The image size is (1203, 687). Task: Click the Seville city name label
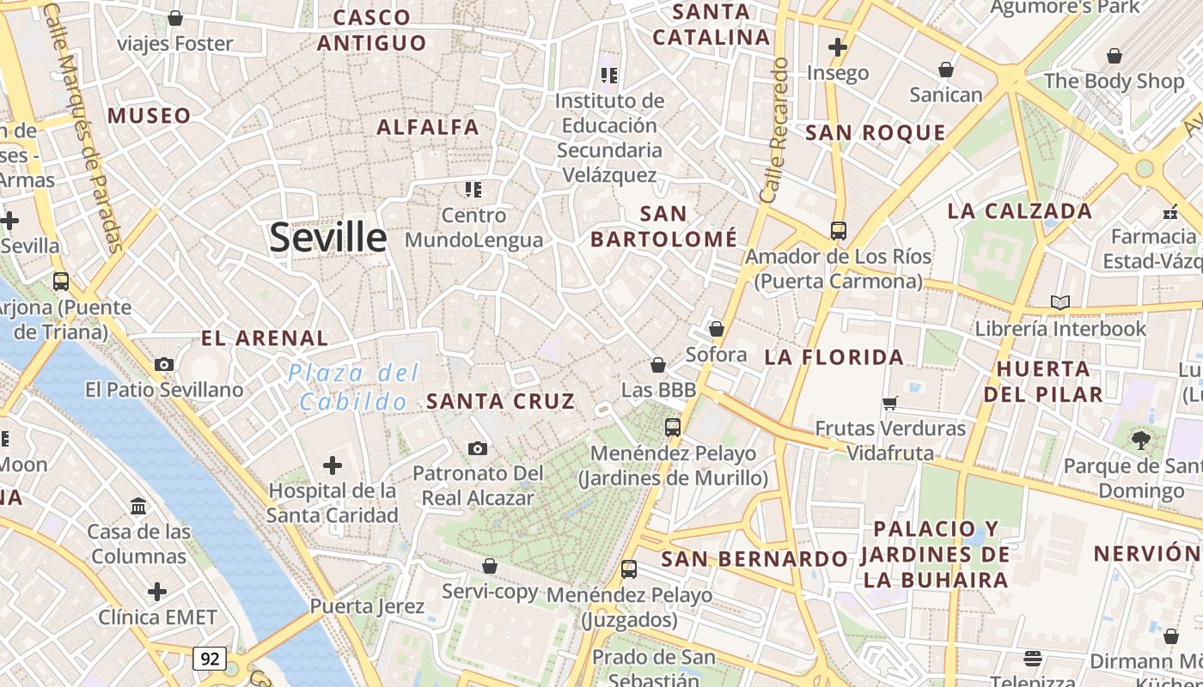click(x=328, y=237)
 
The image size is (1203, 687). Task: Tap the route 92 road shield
click(x=210, y=659)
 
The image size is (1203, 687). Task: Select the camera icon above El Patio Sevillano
click(x=164, y=364)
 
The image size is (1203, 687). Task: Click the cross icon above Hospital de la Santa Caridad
click(x=333, y=465)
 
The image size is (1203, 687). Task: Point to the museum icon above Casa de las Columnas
click(x=138, y=506)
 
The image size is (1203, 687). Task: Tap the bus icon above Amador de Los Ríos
click(x=838, y=230)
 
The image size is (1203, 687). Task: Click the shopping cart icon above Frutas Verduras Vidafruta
click(x=890, y=402)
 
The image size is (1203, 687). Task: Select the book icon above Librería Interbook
click(x=1060, y=302)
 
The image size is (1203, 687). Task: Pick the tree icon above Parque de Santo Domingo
click(x=1141, y=441)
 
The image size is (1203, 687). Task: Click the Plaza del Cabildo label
click(x=354, y=386)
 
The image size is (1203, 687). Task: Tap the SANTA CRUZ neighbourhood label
click(x=500, y=401)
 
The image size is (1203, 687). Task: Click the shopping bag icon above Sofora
click(x=717, y=329)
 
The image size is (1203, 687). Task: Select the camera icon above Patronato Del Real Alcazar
click(x=478, y=448)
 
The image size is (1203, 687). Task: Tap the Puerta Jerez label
click(x=367, y=606)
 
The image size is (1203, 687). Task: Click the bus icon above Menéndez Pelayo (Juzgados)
click(x=629, y=568)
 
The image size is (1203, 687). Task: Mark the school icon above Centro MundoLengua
click(x=473, y=189)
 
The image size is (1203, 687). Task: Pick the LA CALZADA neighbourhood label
click(x=1020, y=210)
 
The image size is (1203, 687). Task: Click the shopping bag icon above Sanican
click(x=946, y=69)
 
